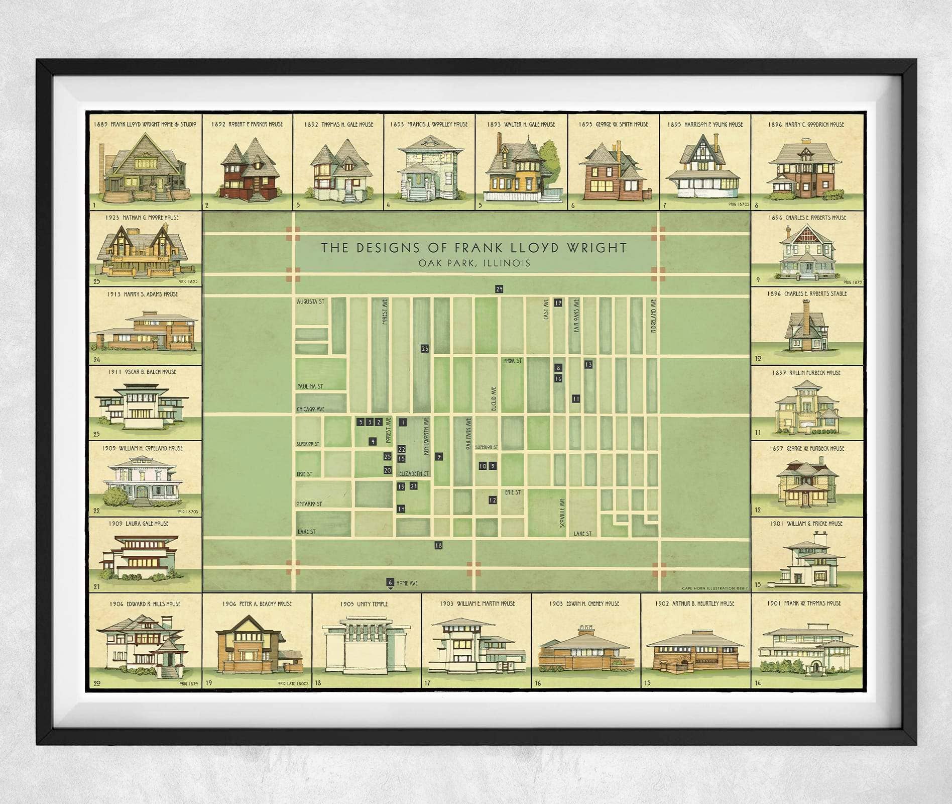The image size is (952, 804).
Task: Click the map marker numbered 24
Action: click(x=499, y=289)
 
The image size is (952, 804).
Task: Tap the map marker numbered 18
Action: click(x=438, y=545)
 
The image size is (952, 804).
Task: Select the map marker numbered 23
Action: click(x=425, y=348)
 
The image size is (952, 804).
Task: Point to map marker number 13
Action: click(x=588, y=364)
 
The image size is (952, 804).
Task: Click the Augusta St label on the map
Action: click(x=311, y=302)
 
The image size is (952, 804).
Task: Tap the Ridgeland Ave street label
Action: click(x=653, y=316)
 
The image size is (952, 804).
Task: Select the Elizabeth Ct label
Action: click(x=414, y=474)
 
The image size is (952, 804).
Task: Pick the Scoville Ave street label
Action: click(x=562, y=513)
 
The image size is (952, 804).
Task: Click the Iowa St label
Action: click(x=512, y=361)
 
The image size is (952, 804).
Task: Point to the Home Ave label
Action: click(x=407, y=583)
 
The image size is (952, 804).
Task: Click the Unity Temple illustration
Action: click(x=367, y=645)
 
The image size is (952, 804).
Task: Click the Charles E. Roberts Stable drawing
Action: click(x=806, y=327)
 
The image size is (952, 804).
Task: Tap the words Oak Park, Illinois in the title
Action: click(x=474, y=263)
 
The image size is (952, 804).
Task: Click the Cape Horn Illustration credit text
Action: click(x=708, y=588)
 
